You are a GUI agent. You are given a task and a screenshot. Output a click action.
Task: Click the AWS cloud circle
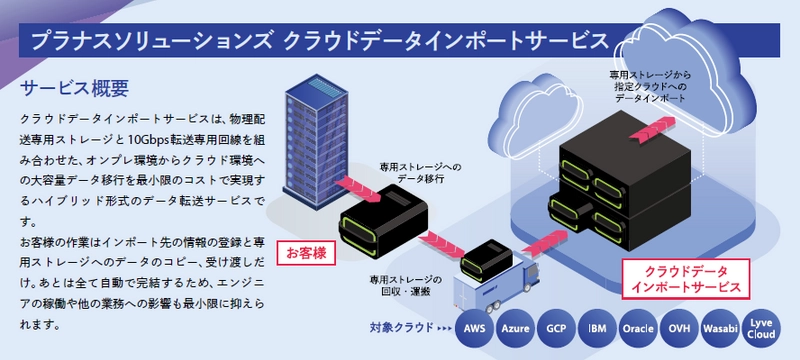(476, 327)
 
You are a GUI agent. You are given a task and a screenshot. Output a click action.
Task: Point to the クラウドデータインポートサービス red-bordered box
(684, 278)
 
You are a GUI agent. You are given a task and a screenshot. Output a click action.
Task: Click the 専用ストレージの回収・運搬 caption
(405, 285)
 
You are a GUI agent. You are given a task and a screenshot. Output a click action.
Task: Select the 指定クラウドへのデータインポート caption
(647, 88)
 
